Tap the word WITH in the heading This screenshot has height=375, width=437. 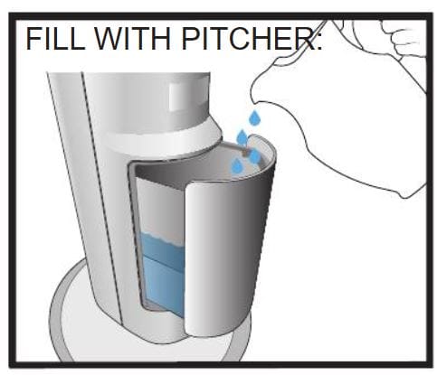point(127,40)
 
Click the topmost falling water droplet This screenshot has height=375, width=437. point(255,117)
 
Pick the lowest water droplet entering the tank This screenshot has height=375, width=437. point(237,166)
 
